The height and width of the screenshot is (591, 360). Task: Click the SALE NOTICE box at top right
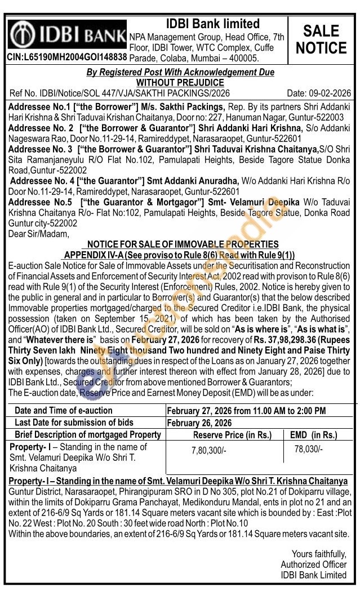321,39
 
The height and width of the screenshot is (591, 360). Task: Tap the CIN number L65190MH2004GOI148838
67,57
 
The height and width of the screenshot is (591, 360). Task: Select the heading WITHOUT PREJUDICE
180,82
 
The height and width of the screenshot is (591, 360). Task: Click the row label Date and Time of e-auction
64,411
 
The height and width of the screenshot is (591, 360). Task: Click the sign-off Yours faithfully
319,554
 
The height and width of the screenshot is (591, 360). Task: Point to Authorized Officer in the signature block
314,565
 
